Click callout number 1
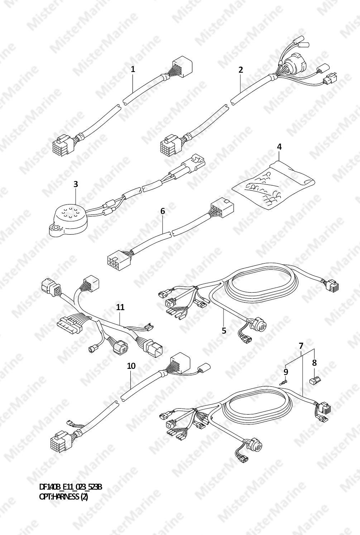[x=133, y=69]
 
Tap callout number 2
[x=241, y=70]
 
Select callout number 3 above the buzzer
[x=76, y=184]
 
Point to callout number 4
[x=279, y=147]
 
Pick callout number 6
[x=162, y=211]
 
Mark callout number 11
[x=120, y=307]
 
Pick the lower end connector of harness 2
[x=169, y=144]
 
